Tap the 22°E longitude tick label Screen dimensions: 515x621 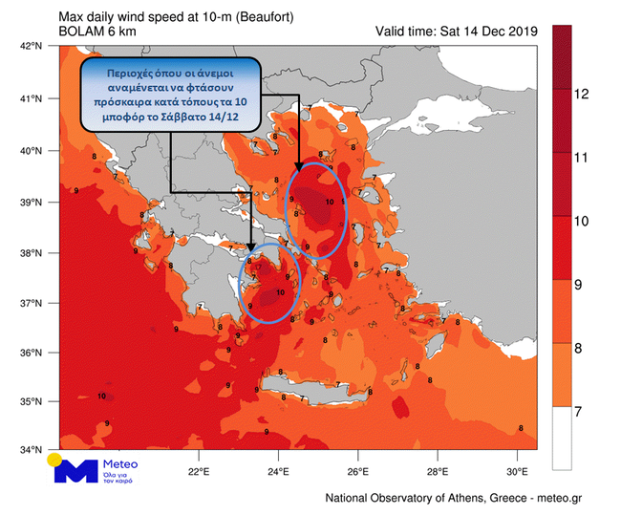pyautogui.click(x=199, y=471)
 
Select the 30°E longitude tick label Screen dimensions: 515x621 pyautogui.click(x=517, y=471)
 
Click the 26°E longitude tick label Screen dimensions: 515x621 pyautogui.click(x=358, y=471)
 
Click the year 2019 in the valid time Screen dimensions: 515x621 pyautogui.click(x=520, y=32)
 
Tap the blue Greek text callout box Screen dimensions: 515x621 pyautogui.click(x=170, y=93)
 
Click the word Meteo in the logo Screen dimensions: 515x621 pyautogui.click(x=120, y=463)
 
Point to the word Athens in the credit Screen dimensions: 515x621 pyautogui.click(x=441, y=498)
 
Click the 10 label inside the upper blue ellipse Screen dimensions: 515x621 pyautogui.click(x=330, y=203)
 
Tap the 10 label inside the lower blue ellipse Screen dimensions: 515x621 pyautogui.click(x=280, y=292)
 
